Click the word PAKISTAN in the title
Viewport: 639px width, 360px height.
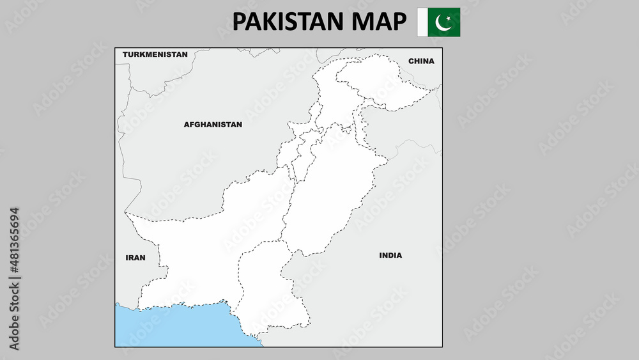coord(287,22)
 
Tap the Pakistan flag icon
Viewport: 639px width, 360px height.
coord(438,22)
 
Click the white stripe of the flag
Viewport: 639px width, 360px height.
coord(422,22)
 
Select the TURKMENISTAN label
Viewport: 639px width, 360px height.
coord(155,54)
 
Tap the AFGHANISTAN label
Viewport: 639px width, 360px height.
coord(213,125)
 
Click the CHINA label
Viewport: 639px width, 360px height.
coord(421,61)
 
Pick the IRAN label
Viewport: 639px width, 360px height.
coord(135,258)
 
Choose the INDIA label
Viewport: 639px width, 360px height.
coord(390,255)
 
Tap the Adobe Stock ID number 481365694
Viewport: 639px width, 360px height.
coord(15,243)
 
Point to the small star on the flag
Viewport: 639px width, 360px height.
coord(449,19)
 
